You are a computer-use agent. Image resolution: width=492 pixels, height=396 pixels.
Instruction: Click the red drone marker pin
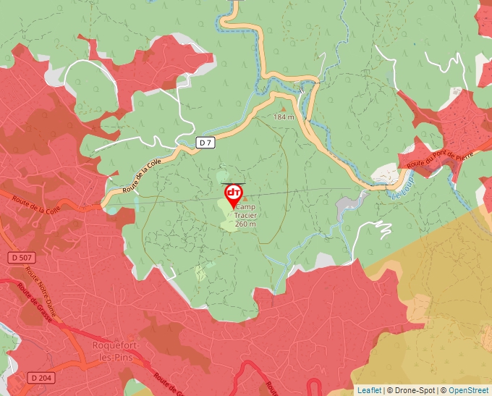(x=234, y=195)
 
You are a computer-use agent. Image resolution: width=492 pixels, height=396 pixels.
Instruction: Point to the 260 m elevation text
(x=245, y=224)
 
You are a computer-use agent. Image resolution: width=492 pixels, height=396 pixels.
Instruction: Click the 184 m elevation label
(x=284, y=117)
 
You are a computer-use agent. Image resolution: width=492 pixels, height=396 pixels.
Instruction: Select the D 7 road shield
(x=205, y=143)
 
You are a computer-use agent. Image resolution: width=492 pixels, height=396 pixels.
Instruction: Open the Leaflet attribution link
(x=369, y=390)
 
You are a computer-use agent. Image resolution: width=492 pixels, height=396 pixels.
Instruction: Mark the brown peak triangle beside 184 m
(x=282, y=109)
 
